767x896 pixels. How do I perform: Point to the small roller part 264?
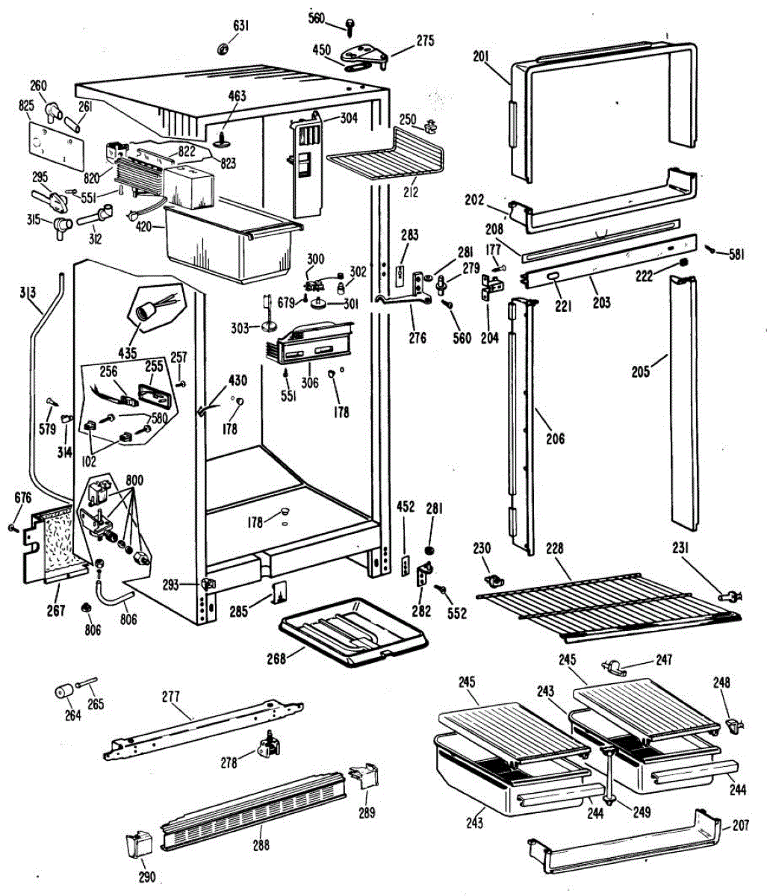(x=62, y=692)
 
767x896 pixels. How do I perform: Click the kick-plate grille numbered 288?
(x=254, y=814)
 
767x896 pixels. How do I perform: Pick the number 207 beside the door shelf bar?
(x=740, y=827)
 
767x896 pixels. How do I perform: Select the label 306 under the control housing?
(x=308, y=383)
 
